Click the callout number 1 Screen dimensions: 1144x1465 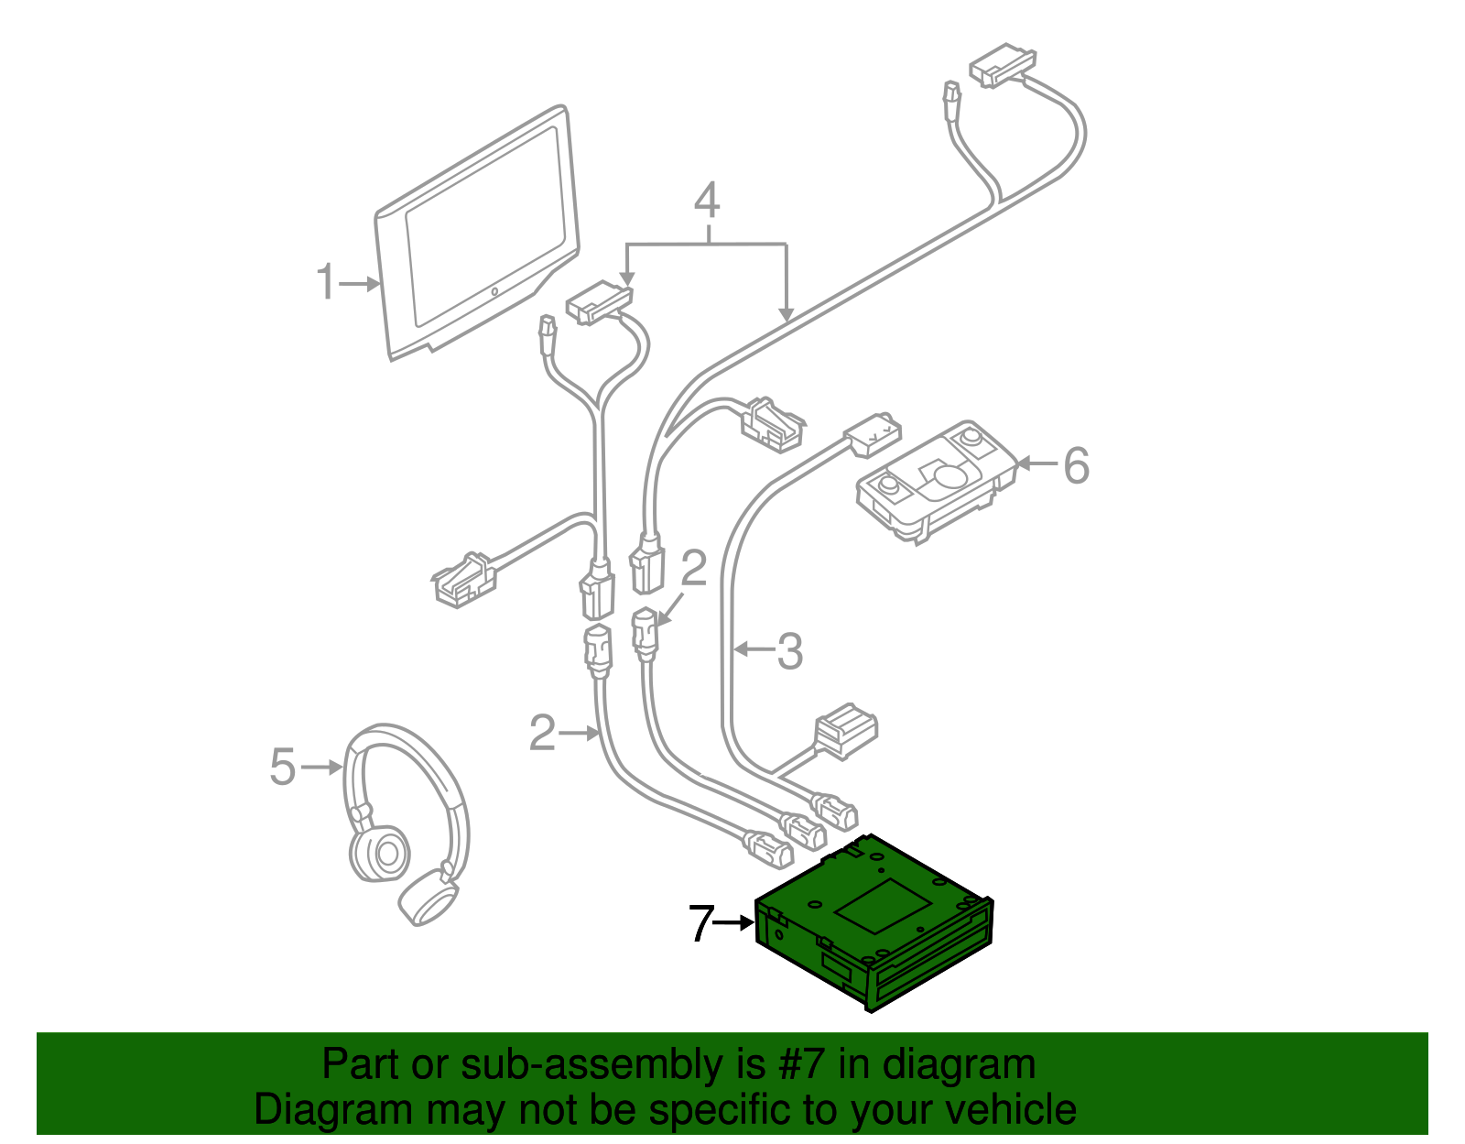point(325,282)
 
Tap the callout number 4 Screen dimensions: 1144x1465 point(706,201)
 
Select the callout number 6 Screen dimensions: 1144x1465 point(1076,465)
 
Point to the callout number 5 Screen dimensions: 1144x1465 point(282,766)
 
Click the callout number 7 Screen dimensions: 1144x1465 point(700,923)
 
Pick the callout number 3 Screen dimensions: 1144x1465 point(789,651)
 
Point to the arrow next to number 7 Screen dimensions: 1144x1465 point(733,923)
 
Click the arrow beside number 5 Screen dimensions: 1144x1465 point(321,767)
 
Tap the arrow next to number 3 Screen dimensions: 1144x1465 point(754,649)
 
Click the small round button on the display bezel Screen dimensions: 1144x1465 point(494,292)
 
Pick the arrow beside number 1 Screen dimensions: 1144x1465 point(361,284)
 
